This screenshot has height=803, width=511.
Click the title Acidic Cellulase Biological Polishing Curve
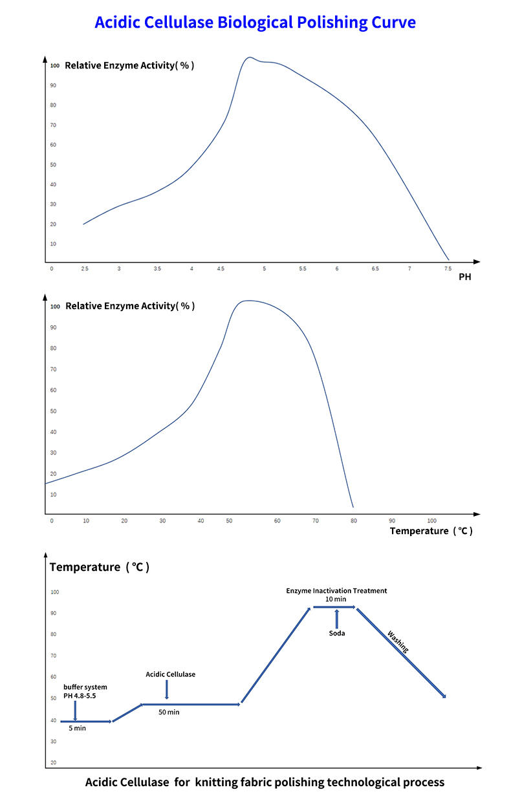coord(255,23)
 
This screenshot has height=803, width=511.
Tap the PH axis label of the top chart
coord(464,277)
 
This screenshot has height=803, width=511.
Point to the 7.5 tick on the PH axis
coord(447,268)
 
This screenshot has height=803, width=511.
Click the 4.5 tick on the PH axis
coord(221,268)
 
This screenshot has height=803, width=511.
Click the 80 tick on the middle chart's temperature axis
coord(353,520)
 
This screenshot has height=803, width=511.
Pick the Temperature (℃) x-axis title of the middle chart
coord(431,531)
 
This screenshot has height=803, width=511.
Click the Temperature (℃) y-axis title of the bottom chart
coord(100,567)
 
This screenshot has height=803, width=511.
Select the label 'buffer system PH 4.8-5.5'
coord(85,691)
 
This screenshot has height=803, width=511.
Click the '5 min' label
coord(77,728)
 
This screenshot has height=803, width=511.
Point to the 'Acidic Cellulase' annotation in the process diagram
coord(170,674)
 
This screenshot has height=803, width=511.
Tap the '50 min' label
coord(169,712)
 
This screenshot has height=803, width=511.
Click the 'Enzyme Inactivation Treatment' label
coord(336,590)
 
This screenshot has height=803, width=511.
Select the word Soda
coord(336,633)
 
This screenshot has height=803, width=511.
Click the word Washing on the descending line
coord(398,641)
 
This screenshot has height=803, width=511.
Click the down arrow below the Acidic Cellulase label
coord(167,689)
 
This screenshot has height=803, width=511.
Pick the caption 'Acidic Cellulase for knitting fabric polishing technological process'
coord(265,782)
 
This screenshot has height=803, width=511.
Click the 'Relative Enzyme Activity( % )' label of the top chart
coord(129,65)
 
